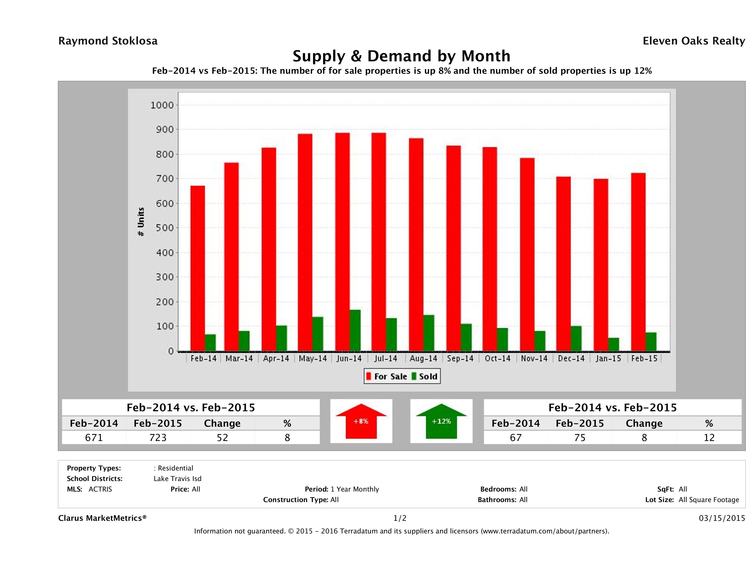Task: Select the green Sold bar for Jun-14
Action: point(355,330)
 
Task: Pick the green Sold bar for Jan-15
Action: point(613,344)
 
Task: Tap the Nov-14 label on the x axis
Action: point(534,359)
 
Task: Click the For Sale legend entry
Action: point(387,376)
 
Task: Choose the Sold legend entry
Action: point(425,376)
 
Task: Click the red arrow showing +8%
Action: point(361,421)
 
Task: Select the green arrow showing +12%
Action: point(441,421)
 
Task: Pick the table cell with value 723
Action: point(158,437)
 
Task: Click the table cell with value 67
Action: point(515,437)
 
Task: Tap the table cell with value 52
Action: point(222,437)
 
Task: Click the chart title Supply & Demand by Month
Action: point(401,56)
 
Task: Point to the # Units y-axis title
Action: point(141,222)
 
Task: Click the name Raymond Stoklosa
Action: point(108,41)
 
